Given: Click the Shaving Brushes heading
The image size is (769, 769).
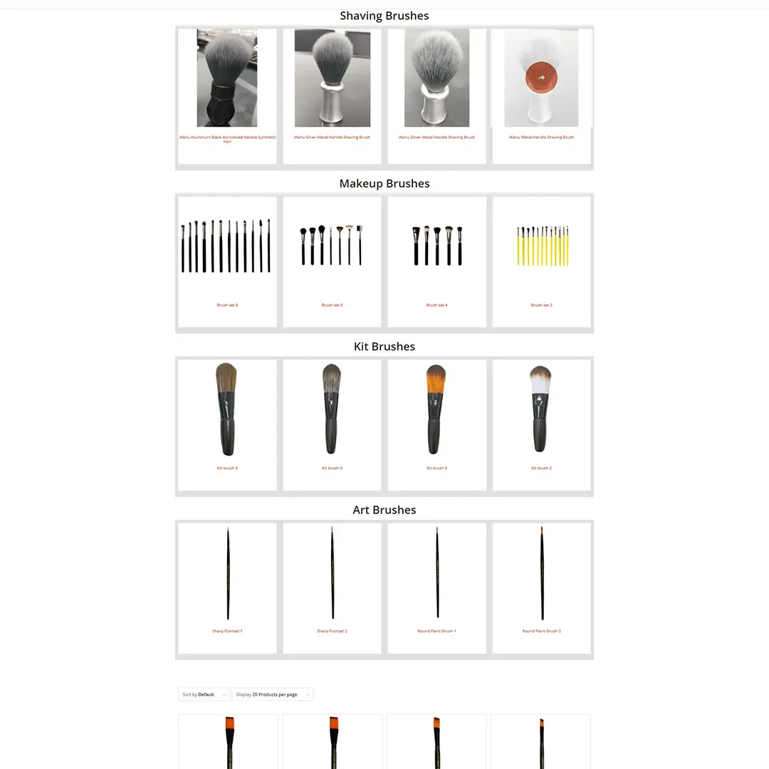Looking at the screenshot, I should coord(384,16).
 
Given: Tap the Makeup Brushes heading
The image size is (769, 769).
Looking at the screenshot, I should coord(384,184).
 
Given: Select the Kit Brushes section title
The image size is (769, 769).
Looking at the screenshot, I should coord(384,347).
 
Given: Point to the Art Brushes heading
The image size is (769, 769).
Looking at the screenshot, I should coord(384,510).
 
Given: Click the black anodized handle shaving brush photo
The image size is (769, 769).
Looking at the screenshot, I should coord(227,78).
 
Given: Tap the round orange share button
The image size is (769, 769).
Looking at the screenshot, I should coord(542,77).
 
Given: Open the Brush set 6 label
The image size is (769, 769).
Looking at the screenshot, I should coord(227,305).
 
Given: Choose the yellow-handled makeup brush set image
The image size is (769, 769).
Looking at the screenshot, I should coord(542,246).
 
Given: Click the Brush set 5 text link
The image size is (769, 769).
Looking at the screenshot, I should coord(332,305).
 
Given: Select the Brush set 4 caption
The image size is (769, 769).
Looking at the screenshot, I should coord(436,305).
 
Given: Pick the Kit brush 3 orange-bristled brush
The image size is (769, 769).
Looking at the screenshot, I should coord(436,409).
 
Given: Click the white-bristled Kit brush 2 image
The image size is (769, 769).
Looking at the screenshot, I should coord(541,409).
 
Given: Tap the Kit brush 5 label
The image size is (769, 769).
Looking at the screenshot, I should coord(227,469).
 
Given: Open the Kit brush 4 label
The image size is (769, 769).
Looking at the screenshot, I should coord(332,469).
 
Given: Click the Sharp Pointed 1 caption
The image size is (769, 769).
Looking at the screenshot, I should coord(227,632).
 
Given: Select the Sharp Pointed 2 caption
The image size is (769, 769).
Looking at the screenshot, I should coord(332,632).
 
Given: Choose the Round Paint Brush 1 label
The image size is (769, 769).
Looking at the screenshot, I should coord(436,632).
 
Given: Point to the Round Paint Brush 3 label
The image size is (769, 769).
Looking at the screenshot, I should coord(541,632).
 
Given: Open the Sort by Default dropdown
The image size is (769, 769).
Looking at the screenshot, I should coord(204,694).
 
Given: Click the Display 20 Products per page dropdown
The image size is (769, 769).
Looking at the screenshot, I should coord(273,694).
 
